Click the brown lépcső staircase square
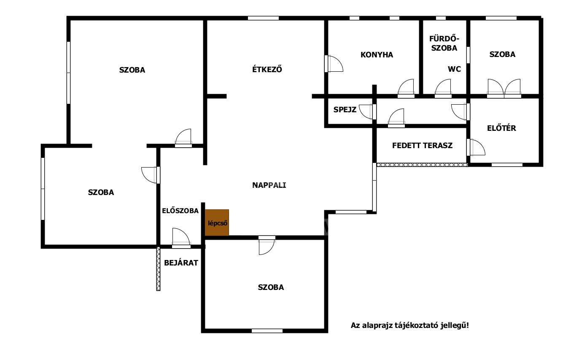coord(217,222)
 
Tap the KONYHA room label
coord(377,55)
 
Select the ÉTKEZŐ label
coord(267,70)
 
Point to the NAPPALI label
coord(269,185)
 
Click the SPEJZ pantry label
coord(345,110)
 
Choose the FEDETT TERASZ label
coord(422,146)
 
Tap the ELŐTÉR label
coord(501,128)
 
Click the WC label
coord(454,69)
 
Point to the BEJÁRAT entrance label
coord(181,263)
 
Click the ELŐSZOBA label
coord(180,211)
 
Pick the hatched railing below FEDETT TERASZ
coord(422,165)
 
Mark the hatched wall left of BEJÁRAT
coord(159,268)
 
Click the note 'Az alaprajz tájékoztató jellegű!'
coord(409,325)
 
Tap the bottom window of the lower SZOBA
coord(267,331)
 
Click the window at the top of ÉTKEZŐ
coord(263,18)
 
